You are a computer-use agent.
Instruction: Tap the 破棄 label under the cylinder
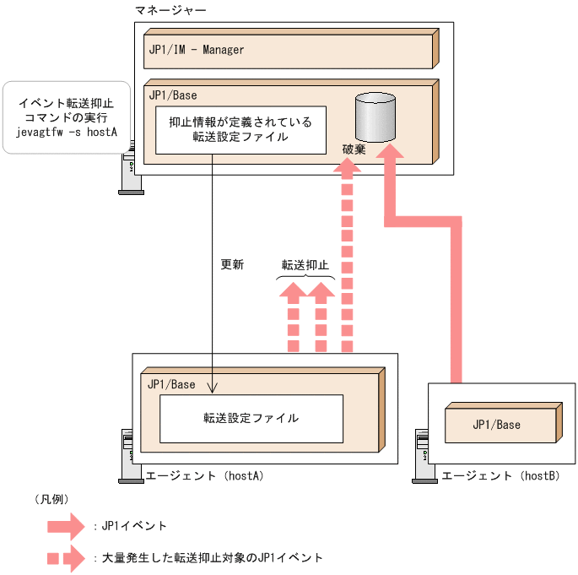354,147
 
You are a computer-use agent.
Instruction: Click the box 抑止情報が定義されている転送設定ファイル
240,129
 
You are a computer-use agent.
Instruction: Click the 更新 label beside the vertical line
232,264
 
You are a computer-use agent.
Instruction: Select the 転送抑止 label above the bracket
305,264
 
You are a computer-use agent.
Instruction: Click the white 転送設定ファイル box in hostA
251,417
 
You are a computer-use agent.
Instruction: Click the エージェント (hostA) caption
206,475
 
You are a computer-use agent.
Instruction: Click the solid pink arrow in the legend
67,527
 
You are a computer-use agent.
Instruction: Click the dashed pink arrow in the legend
67,558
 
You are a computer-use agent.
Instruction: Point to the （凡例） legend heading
50,499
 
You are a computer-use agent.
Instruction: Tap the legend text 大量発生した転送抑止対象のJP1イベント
212,558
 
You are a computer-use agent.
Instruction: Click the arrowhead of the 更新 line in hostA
212,388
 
